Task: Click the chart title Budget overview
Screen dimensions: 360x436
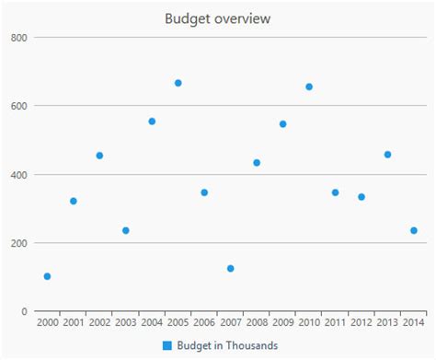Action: point(218,18)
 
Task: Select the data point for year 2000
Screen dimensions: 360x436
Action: point(47,276)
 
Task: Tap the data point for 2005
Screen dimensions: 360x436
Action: point(178,83)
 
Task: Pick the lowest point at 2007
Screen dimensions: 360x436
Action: point(231,269)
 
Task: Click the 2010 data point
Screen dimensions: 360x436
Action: point(309,87)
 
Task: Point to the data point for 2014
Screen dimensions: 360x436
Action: point(414,230)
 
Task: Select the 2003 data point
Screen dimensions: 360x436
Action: point(126,230)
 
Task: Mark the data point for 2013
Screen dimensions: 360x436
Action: point(387,155)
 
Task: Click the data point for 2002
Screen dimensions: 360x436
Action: point(99,156)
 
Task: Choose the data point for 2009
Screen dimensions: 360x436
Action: point(283,123)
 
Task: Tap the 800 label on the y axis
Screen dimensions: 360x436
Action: point(19,37)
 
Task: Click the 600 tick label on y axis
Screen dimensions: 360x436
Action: point(19,106)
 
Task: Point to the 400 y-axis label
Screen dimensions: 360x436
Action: point(19,175)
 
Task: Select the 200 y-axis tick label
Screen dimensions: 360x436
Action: point(19,243)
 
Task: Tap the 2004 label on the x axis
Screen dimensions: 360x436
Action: point(152,323)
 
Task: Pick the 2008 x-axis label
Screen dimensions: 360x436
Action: point(257,323)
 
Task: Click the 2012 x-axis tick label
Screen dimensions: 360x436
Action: point(361,323)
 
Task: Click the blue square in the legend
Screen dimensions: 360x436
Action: point(167,345)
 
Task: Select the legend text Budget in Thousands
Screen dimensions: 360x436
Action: point(227,345)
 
